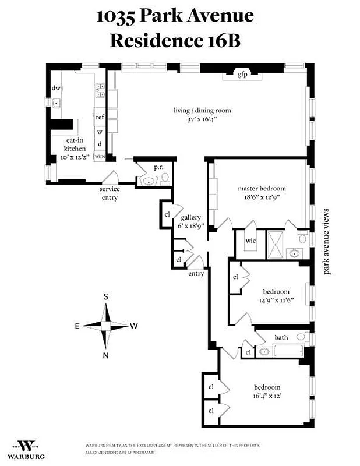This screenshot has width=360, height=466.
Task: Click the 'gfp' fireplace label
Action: [x=242, y=75]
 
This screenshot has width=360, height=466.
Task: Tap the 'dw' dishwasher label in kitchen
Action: [x=57, y=88]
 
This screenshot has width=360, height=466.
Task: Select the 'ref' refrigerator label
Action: [x=100, y=117]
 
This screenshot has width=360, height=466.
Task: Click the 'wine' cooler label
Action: [x=100, y=156]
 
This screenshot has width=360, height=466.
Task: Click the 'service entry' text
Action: [x=110, y=193]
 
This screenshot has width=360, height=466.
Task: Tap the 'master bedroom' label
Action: [x=262, y=188]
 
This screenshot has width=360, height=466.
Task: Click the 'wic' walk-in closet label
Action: [x=250, y=240]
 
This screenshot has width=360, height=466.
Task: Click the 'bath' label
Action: [x=281, y=337]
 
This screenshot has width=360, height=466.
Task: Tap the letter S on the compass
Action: [x=105, y=296]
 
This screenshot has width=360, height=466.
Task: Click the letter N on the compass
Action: [x=105, y=355]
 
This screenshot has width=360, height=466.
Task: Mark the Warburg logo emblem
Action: [x=26, y=446]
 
